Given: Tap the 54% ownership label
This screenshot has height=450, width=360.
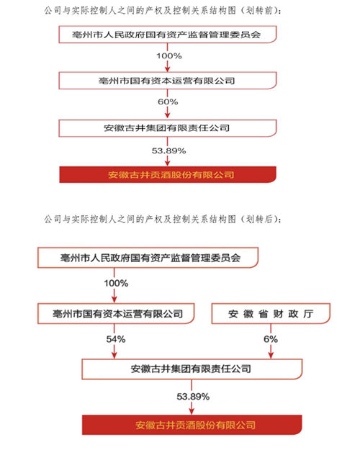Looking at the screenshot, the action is coord(116,338).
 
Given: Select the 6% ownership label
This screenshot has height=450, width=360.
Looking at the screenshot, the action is coord(271,338).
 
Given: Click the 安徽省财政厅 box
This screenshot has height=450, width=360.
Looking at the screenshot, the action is coord(271,314).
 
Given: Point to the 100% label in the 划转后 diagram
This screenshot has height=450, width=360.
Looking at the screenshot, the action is coord(116,283).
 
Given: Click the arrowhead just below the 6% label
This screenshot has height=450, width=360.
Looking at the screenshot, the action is coord(271,353).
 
